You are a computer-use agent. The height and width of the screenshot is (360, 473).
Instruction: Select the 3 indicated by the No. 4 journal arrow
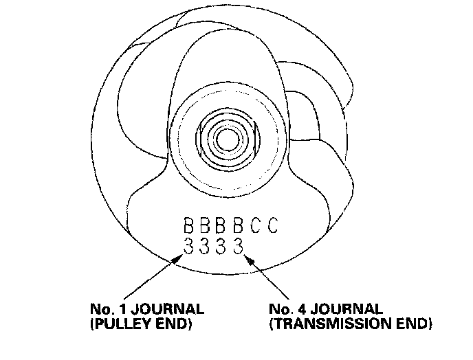[x=239, y=245]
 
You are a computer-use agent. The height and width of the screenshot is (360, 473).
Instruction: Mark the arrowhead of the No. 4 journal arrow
[x=245, y=255]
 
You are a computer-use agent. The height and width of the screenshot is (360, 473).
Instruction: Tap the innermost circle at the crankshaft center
[x=223, y=139]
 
